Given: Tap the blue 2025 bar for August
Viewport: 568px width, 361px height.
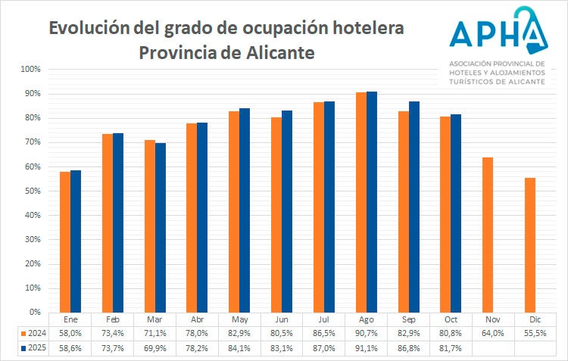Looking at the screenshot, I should [x=371, y=201].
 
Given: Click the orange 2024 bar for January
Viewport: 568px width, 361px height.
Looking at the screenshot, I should [x=65, y=241].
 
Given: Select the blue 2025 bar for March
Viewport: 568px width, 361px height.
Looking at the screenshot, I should [x=161, y=227].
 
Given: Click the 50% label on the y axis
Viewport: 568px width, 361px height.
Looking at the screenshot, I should [x=32, y=191].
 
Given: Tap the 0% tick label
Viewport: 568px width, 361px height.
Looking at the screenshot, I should [x=34, y=312].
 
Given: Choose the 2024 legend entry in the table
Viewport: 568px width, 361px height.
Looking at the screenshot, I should [x=35, y=333].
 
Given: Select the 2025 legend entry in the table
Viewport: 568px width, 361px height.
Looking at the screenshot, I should [x=35, y=347].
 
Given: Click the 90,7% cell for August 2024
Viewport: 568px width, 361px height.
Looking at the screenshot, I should [x=366, y=333].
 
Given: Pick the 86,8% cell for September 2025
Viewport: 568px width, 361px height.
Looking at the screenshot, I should [x=408, y=347].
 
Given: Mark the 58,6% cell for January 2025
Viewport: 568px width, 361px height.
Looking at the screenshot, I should [x=70, y=347].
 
